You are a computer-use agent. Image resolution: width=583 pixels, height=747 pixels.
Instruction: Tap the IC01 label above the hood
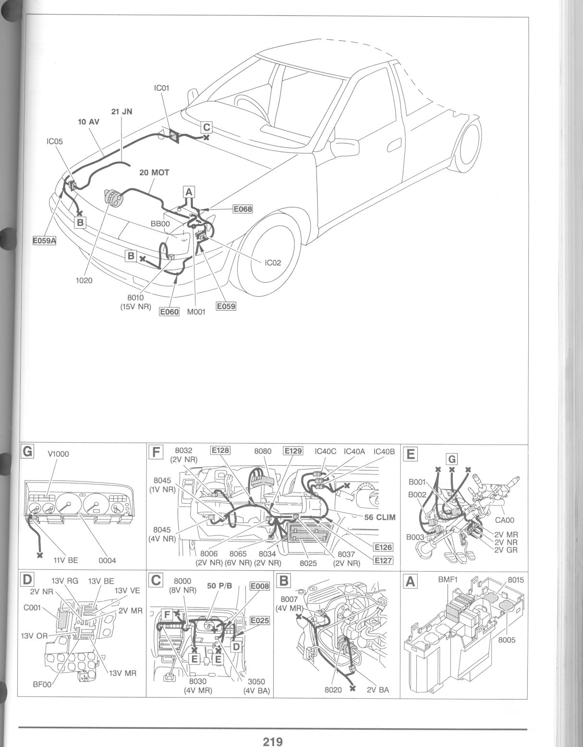[x=161, y=88]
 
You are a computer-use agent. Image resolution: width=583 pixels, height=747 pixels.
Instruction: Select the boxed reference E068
[x=243, y=209]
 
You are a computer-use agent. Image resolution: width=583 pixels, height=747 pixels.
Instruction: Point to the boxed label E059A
[x=44, y=241]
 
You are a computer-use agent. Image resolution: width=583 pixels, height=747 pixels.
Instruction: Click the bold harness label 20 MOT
[x=154, y=172]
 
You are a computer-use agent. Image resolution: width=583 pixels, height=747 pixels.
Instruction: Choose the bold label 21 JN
[x=121, y=112]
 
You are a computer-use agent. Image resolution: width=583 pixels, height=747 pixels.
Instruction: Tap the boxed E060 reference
[x=170, y=312]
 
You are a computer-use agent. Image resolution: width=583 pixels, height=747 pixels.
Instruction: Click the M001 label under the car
[x=196, y=312]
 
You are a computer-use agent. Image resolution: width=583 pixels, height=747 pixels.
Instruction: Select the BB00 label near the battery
[x=160, y=224]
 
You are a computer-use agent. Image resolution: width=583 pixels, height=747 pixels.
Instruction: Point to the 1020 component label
[x=84, y=280]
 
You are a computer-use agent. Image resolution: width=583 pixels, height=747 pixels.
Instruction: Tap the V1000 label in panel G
[x=58, y=454]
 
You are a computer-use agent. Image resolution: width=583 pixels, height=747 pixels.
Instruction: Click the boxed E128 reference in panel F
[x=220, y=450]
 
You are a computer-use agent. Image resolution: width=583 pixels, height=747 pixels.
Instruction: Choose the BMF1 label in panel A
[x=448, y=580]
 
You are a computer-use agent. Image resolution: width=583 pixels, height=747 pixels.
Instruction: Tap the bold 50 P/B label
[x=219, y=586]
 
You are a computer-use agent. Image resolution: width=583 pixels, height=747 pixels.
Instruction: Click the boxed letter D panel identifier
[x=27, y=579]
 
